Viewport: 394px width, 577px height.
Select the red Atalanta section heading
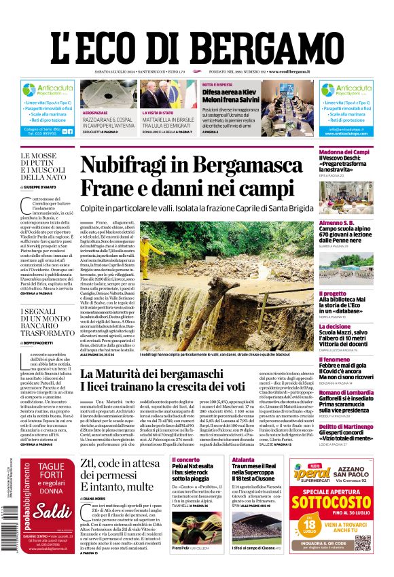click(x=243, y=459)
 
